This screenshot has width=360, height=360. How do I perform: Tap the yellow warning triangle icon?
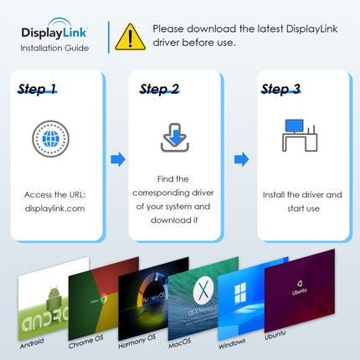click(130, 36)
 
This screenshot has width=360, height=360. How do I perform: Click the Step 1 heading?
click(39, 89)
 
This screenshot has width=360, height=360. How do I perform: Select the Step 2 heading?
click(159, 89)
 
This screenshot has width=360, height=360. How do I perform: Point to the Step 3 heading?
click(280, 89)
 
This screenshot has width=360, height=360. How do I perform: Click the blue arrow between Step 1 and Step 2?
click(119, 158)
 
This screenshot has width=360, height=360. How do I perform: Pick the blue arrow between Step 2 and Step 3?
click(241, 158)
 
